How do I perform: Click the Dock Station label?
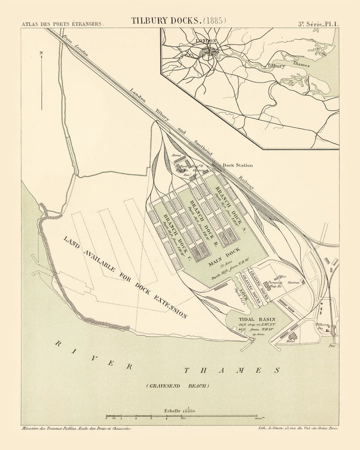pyautogui.click(x=238, y=165)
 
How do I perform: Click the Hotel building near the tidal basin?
pyautogui.click(x=295, y=337)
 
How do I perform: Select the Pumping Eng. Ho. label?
pyautogui.click(x=275, y=284)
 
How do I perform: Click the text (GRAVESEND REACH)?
pyautogui.click(x=177, y=386)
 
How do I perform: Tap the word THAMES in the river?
pyautogui.click(x=232, y=370)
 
